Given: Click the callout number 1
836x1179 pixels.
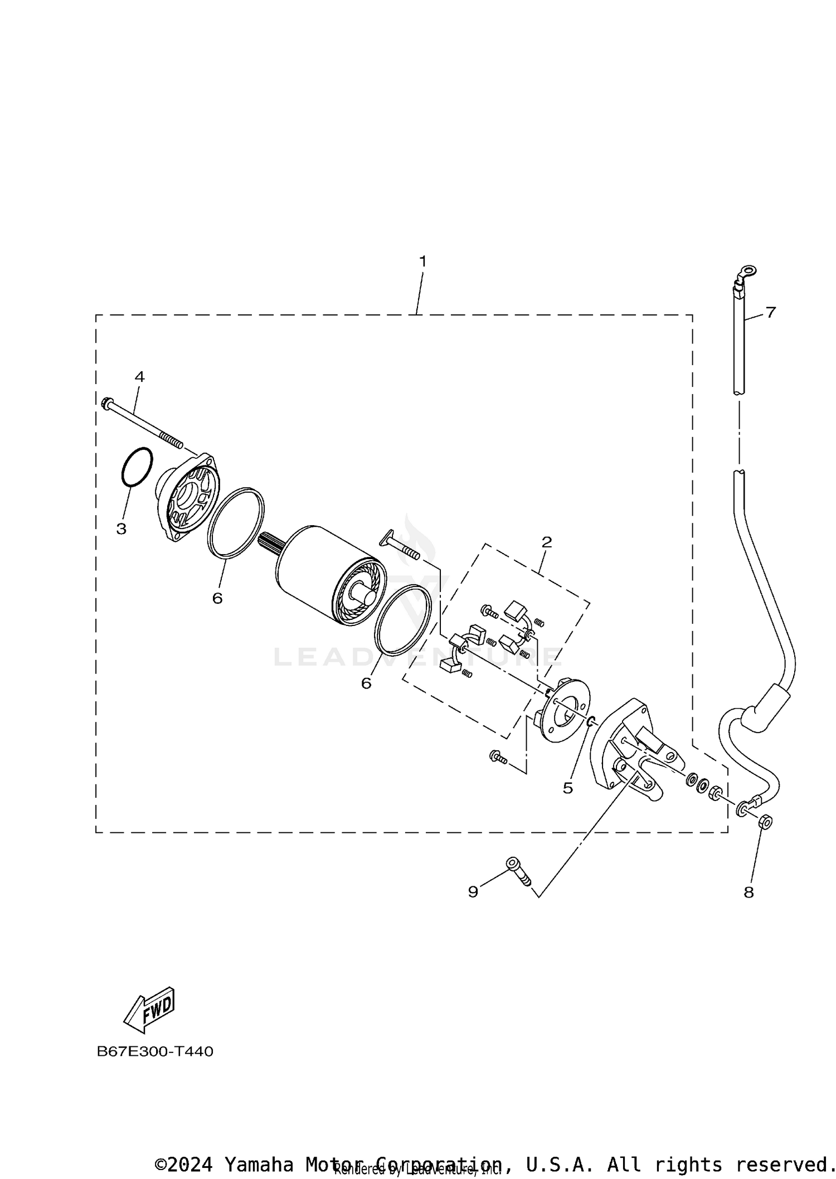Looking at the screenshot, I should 422,261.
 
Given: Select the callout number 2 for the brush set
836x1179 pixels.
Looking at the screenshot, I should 547,542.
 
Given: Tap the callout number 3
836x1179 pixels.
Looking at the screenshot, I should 121,529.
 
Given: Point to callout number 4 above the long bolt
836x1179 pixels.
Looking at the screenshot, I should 139,377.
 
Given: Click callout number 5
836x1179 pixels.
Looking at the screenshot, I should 567,788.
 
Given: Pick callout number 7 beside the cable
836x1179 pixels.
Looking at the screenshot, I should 770,312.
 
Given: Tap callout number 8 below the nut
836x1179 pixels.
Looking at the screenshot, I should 748,892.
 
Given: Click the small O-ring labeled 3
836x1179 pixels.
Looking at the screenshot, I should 137,466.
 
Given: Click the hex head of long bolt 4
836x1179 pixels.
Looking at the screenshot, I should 108,402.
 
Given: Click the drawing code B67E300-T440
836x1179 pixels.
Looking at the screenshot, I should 155,1051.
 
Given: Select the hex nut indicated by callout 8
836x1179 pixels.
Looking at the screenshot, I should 765,821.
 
